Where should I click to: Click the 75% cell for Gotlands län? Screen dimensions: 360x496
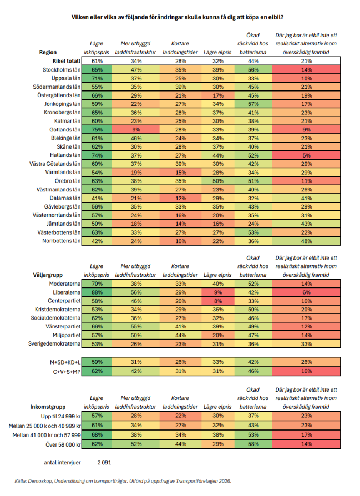point(97,130)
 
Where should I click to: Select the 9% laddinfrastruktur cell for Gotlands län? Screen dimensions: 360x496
point(136,130)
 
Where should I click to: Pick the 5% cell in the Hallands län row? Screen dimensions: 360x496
point(306,155)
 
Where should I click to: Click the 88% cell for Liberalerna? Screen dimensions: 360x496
point(97,292)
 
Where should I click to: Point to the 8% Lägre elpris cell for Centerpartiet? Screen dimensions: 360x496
point(217,301)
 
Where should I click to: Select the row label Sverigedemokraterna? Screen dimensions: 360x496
point(54,343)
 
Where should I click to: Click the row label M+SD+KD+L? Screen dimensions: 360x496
point(65,362)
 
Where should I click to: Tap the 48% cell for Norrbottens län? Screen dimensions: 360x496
point(306,241)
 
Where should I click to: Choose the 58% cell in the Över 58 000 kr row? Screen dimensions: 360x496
point(253,444)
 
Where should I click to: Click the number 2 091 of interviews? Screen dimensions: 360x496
point(104,463)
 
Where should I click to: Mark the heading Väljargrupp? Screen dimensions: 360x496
point(48,275)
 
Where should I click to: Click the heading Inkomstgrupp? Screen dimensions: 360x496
point(48,407)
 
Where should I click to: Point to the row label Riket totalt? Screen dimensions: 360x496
point(67,61)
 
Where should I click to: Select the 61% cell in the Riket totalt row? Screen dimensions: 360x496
point(97,61)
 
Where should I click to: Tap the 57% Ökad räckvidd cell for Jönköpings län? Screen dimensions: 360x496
point(253,104)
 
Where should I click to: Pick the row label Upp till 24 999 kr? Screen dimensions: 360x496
point(60,416)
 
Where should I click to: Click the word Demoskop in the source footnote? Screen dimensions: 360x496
point(40,481)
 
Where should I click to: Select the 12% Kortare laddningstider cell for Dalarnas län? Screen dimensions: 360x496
point(181,198)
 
